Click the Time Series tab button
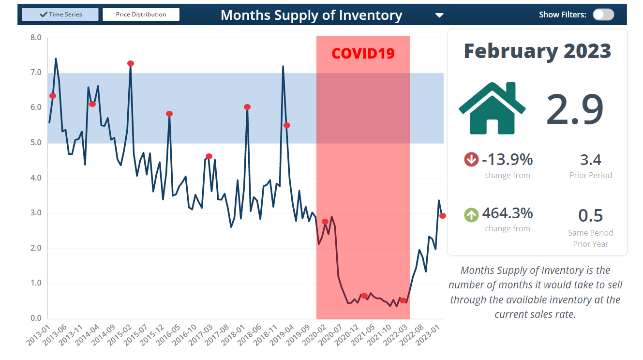click(x=60, y=15)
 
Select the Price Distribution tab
click(x=141, y=15)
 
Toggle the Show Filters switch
click(x=603, y=15)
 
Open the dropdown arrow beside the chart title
click(x=439, y=15)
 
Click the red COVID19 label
click(x=363, y=53)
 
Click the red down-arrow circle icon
click(x=471, y=159)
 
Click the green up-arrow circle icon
click(x=471, y=214)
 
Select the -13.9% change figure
click(x=508, y=159)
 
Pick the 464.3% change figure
click(x=508, y=213)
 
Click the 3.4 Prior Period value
click(x=590, y=160)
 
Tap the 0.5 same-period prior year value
click(x=590, y=216)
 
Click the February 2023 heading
click(x=537, y=51)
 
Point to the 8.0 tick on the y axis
click(x=36, y=38)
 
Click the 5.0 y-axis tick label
click(x=36, y=143)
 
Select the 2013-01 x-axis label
click(x=39, y=334)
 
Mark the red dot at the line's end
click(x=442, y=216)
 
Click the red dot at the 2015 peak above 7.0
click(x=131, y=63)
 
